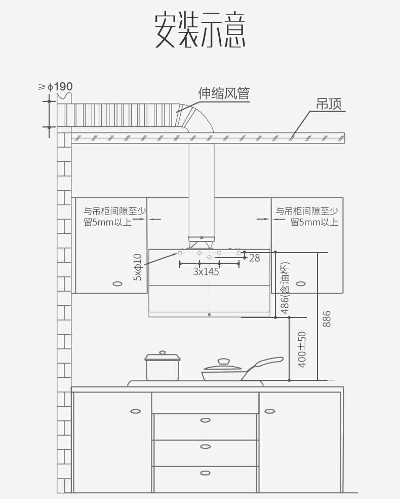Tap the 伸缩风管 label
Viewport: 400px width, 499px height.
coord(224,93)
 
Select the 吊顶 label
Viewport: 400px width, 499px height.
coord(329,104)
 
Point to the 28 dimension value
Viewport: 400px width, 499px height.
coord(255,258)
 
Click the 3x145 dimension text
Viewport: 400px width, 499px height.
coord(206,272)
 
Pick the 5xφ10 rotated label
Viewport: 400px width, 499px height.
coord(138,267)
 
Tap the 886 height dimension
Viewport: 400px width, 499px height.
coord(327,318)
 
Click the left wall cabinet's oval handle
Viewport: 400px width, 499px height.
coord(117,283)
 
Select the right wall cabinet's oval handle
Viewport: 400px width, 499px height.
coord(302,283)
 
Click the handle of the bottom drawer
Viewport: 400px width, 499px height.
coord(205,473)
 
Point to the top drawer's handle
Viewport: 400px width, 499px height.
coord(205,419)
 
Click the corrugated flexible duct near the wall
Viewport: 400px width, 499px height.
coord(122,115)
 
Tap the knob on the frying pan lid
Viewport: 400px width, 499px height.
coord(223,361)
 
